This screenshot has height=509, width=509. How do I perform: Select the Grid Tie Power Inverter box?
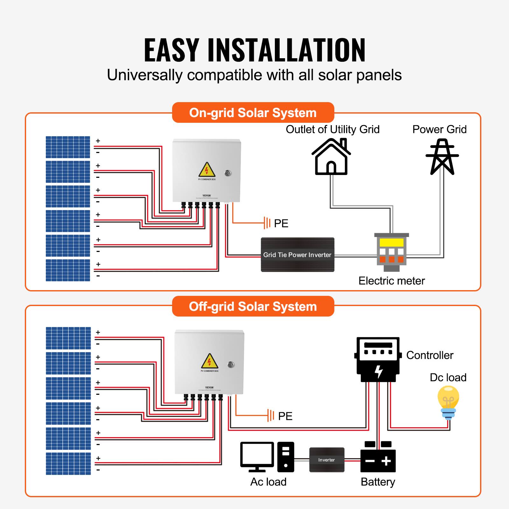(x=297, y=254)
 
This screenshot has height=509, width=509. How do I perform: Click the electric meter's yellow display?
(x=392, y=242)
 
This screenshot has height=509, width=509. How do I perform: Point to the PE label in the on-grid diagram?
(x=281, y=223)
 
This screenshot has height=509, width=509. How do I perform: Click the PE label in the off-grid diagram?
(x=285, y=416)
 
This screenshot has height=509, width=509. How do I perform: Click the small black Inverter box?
(x=327, y=460)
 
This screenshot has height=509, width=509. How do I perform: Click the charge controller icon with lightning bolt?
(x=377, y=359)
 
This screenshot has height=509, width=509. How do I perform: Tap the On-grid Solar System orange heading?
(x=253, y=113)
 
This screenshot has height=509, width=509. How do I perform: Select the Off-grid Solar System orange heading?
(x=253, y=306)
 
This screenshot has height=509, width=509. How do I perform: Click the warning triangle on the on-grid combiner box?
(x=207, y=170)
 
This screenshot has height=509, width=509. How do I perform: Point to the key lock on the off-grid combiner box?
(x=231, y=365)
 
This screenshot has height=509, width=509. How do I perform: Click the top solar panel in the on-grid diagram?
(x=68, y=147)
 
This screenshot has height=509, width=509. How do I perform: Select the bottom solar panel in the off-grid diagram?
(x=68, y=464)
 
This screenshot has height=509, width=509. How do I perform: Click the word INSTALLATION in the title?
(x=286, y=50)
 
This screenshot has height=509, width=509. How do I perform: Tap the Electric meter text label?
(x=392, y=281)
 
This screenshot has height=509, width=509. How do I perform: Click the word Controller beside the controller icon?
(x=429, y=355)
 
